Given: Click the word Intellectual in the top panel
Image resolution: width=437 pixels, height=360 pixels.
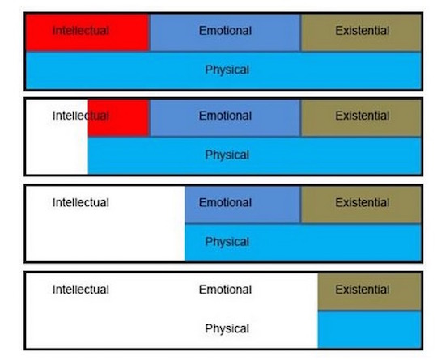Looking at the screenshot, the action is tap(81, 31).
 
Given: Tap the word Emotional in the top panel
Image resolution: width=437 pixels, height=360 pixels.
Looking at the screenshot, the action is tap(225, 31).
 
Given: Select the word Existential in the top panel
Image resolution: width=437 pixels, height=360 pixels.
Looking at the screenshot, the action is tap(363, 31).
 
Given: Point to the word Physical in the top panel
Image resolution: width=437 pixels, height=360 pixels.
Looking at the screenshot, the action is tap(227, 70).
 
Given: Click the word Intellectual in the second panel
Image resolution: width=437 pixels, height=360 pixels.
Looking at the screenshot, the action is tap(81, 116).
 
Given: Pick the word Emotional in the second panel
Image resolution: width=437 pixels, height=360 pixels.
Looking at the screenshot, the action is tap(225, 116).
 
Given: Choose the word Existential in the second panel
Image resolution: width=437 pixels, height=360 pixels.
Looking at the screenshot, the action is tap(363, 116).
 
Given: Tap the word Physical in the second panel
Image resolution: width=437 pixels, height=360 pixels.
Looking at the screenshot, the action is tap(227, 155).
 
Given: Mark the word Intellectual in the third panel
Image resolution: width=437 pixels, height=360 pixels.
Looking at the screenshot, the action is tap(81, 202).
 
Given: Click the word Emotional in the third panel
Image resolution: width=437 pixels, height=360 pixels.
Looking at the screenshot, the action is tap(225, 202).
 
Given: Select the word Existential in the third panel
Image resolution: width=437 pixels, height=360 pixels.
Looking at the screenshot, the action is tap(363, 202).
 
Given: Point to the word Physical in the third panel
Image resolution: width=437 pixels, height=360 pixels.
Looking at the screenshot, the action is tap(227, 242).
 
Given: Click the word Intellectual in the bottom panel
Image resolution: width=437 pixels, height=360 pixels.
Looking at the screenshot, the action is tap(81, 290).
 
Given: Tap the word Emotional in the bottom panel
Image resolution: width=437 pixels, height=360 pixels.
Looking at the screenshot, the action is tap(225, 290).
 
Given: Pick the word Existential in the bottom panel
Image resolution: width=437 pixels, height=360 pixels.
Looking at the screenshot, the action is tap(363, 290).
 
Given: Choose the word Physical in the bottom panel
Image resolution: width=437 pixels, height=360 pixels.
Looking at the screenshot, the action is tap(227, 328).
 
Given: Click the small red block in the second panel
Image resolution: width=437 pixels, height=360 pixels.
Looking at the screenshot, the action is tap(118, 118).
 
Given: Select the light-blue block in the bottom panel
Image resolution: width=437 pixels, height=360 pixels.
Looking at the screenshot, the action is tap(369, 329).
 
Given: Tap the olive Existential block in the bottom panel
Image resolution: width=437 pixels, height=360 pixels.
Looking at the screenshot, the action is tap(369, 292).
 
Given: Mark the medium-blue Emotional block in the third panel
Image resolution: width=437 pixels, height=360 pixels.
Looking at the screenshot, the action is tap(243, 205).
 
